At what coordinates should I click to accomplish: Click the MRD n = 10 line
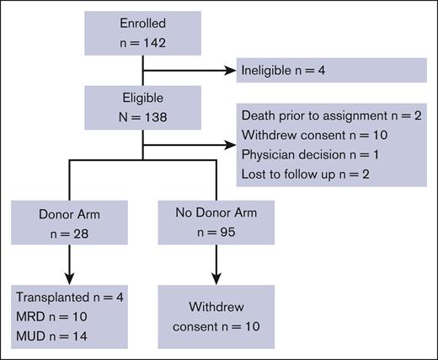[x=53, y=317]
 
